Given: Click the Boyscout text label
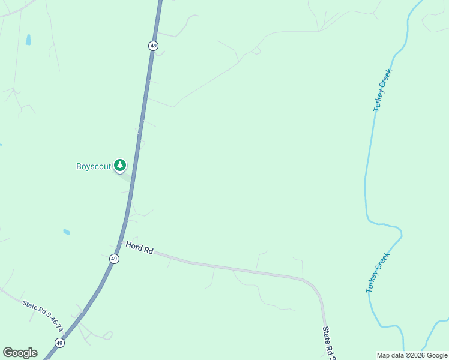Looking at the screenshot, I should coord(94,166).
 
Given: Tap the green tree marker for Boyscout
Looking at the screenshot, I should coord(120,165).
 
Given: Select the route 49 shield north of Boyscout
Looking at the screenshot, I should coord(153,46).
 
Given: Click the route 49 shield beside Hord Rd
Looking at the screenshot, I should coord(114,259).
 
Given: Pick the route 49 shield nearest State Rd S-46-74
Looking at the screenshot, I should coord(59,343).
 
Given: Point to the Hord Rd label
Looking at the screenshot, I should coord(139,247).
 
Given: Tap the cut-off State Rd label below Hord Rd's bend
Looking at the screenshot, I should coord(329,342).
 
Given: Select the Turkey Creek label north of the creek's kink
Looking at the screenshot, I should coord(382,91).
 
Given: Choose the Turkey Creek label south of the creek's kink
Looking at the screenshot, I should coord(378,272).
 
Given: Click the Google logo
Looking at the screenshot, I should coord(20,353).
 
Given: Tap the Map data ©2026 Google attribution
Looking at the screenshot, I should coord(412,355).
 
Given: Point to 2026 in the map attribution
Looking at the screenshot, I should coord(414,355).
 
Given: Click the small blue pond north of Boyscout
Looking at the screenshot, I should coord(28,40).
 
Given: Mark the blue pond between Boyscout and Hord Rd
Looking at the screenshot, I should coord(67,232).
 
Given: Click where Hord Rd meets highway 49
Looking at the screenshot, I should coord(121,242).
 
